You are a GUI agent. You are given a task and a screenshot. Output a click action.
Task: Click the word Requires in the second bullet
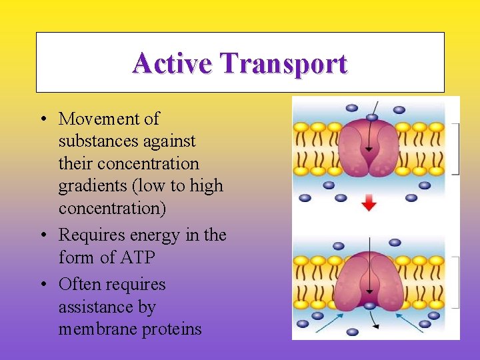[89, 235]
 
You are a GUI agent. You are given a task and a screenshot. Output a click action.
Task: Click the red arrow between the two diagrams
[369, 204]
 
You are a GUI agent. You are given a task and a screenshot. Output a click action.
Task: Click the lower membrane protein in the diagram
[369, 281]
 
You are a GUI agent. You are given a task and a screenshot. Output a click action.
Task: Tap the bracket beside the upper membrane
[457, 148]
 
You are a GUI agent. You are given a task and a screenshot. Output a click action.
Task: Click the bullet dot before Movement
[42, 119]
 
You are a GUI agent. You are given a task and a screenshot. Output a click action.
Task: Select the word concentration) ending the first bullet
[112, 208]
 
